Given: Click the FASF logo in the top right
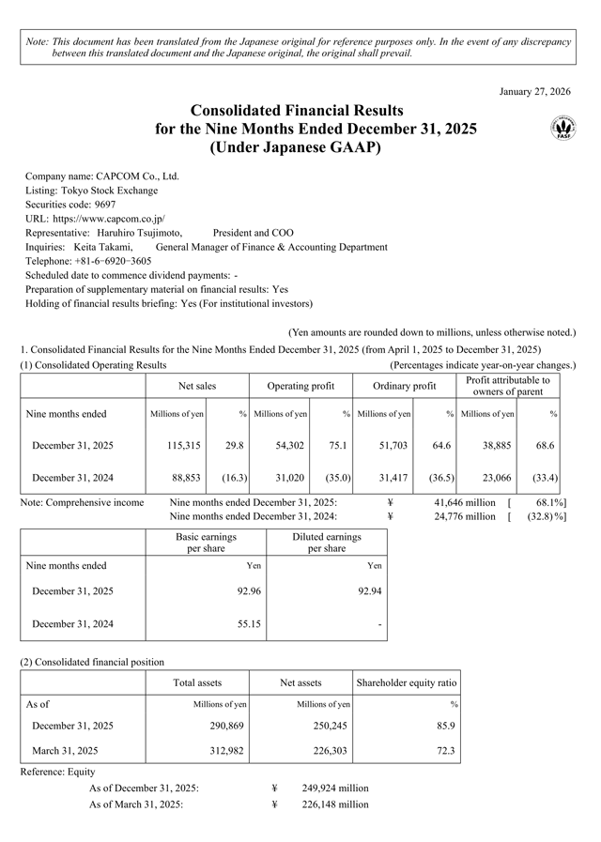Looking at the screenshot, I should click(563, 128).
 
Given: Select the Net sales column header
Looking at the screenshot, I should click(197, 386).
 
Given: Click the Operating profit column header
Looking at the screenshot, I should click(300, 386).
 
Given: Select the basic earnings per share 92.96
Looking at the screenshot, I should click(242, 591).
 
